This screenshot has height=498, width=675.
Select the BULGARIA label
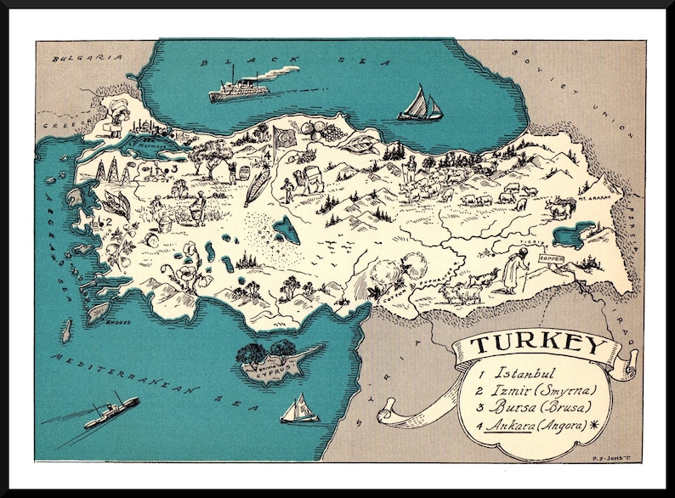pyautogui.click(x=76, y=59)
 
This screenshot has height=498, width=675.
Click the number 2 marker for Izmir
pyautogui.click(x=107, y=222)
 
